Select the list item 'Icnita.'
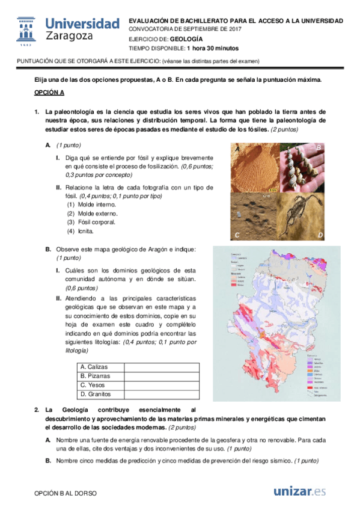click(85, 231)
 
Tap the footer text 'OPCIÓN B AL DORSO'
click(64, 493)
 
